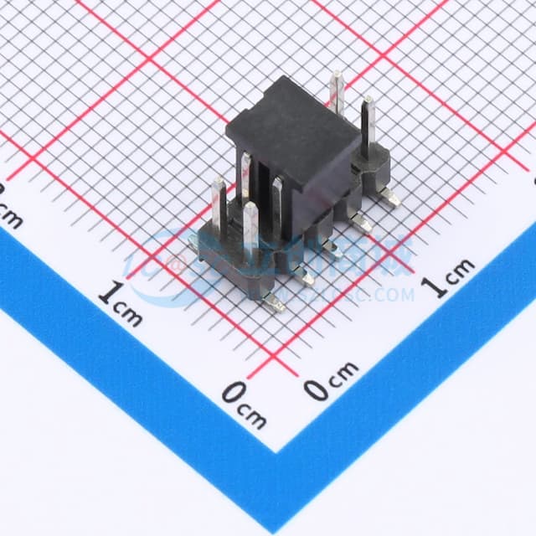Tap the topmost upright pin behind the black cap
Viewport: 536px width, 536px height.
pyautogui.click(x=337, y=92)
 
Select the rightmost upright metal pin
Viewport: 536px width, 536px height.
pyautogui.click(x=367, y=126)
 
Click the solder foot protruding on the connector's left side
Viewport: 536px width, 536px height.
pyautogui.click(x=193, y=242)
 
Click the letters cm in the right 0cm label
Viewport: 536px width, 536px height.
pyautogui.click(x=343, y=372)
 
